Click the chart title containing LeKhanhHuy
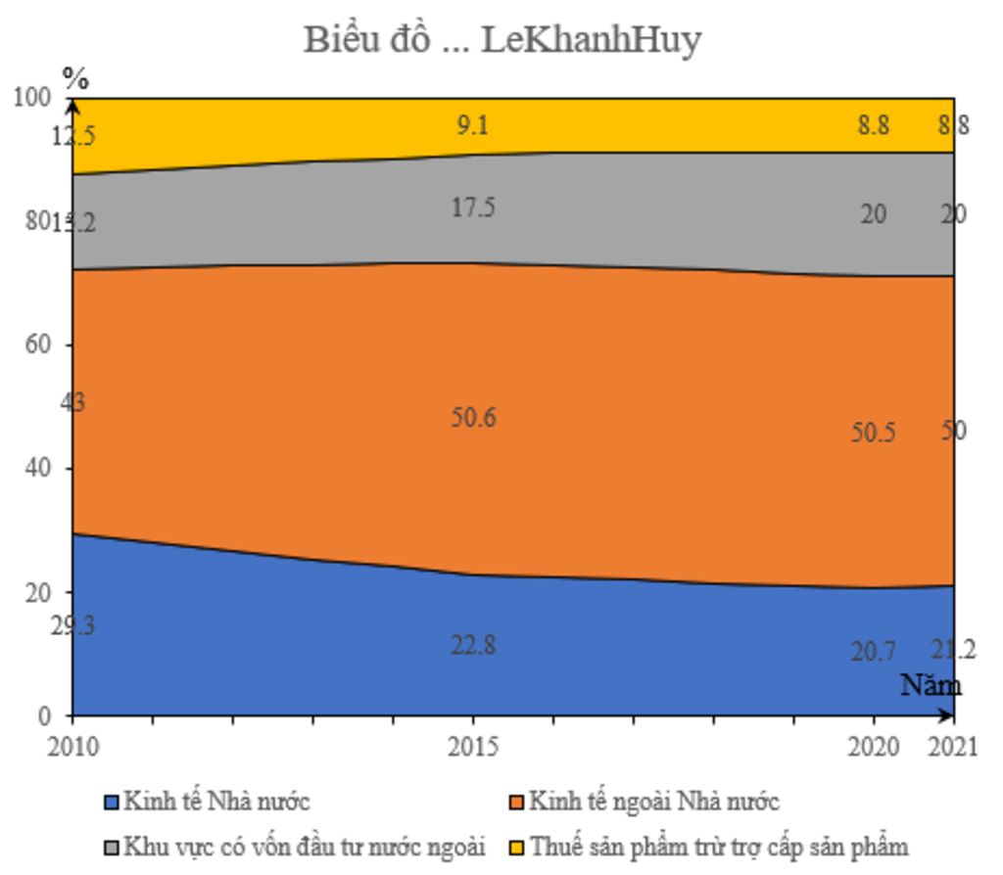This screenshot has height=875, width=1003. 501,40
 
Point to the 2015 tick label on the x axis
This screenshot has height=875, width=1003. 473,748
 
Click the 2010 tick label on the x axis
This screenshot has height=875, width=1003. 72,748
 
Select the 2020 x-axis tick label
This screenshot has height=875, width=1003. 874,748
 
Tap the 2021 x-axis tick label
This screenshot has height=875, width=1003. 954,748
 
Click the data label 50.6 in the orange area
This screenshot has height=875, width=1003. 473,417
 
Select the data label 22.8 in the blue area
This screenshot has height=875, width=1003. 473,645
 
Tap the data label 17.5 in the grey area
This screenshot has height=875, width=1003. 473,207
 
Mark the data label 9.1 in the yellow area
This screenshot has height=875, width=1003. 473,125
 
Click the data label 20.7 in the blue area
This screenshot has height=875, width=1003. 873,651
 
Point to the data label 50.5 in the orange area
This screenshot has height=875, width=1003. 873,432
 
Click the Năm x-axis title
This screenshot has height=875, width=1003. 931,685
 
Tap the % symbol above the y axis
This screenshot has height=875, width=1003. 75,78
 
